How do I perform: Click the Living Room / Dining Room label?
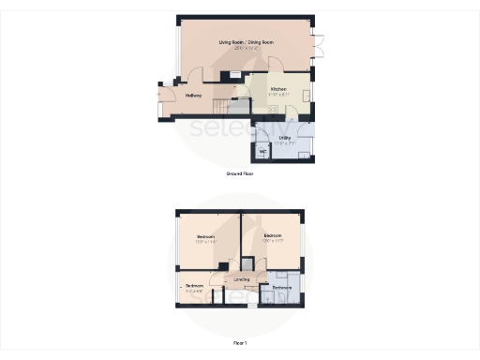(246, 42)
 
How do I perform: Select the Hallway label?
(194, 95)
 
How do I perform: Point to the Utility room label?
(285, 138)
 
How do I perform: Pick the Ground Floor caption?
(240, 173)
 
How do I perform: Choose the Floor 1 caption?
(240, 343)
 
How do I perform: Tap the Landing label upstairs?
(241, 279)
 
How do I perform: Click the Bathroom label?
(281, 287)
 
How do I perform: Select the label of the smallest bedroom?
(194, 285)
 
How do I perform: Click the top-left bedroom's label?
(205, 235)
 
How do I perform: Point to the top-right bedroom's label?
(273, 235)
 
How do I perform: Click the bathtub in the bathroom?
(290, 299)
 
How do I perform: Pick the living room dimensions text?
(246, 48)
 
